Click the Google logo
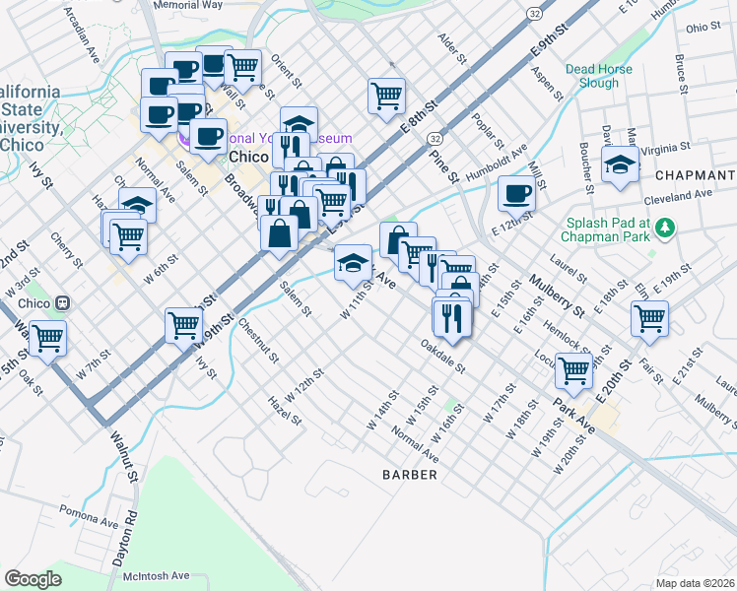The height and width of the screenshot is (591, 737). click(33, 579)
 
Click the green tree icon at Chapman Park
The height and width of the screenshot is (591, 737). click(667, 229)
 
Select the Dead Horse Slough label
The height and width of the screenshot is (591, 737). click(592, 76)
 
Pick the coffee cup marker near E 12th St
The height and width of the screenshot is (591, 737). click(515, 193)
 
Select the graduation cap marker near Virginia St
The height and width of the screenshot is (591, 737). click(620, 165)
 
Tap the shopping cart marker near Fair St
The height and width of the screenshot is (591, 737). click(650, 317)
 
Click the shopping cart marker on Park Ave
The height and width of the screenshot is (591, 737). click(573, 370)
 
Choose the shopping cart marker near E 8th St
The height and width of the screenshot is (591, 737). click(386, 96)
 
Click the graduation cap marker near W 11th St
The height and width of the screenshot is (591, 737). click(353, 262)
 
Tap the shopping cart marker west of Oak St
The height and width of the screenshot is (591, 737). click(47, 338)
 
